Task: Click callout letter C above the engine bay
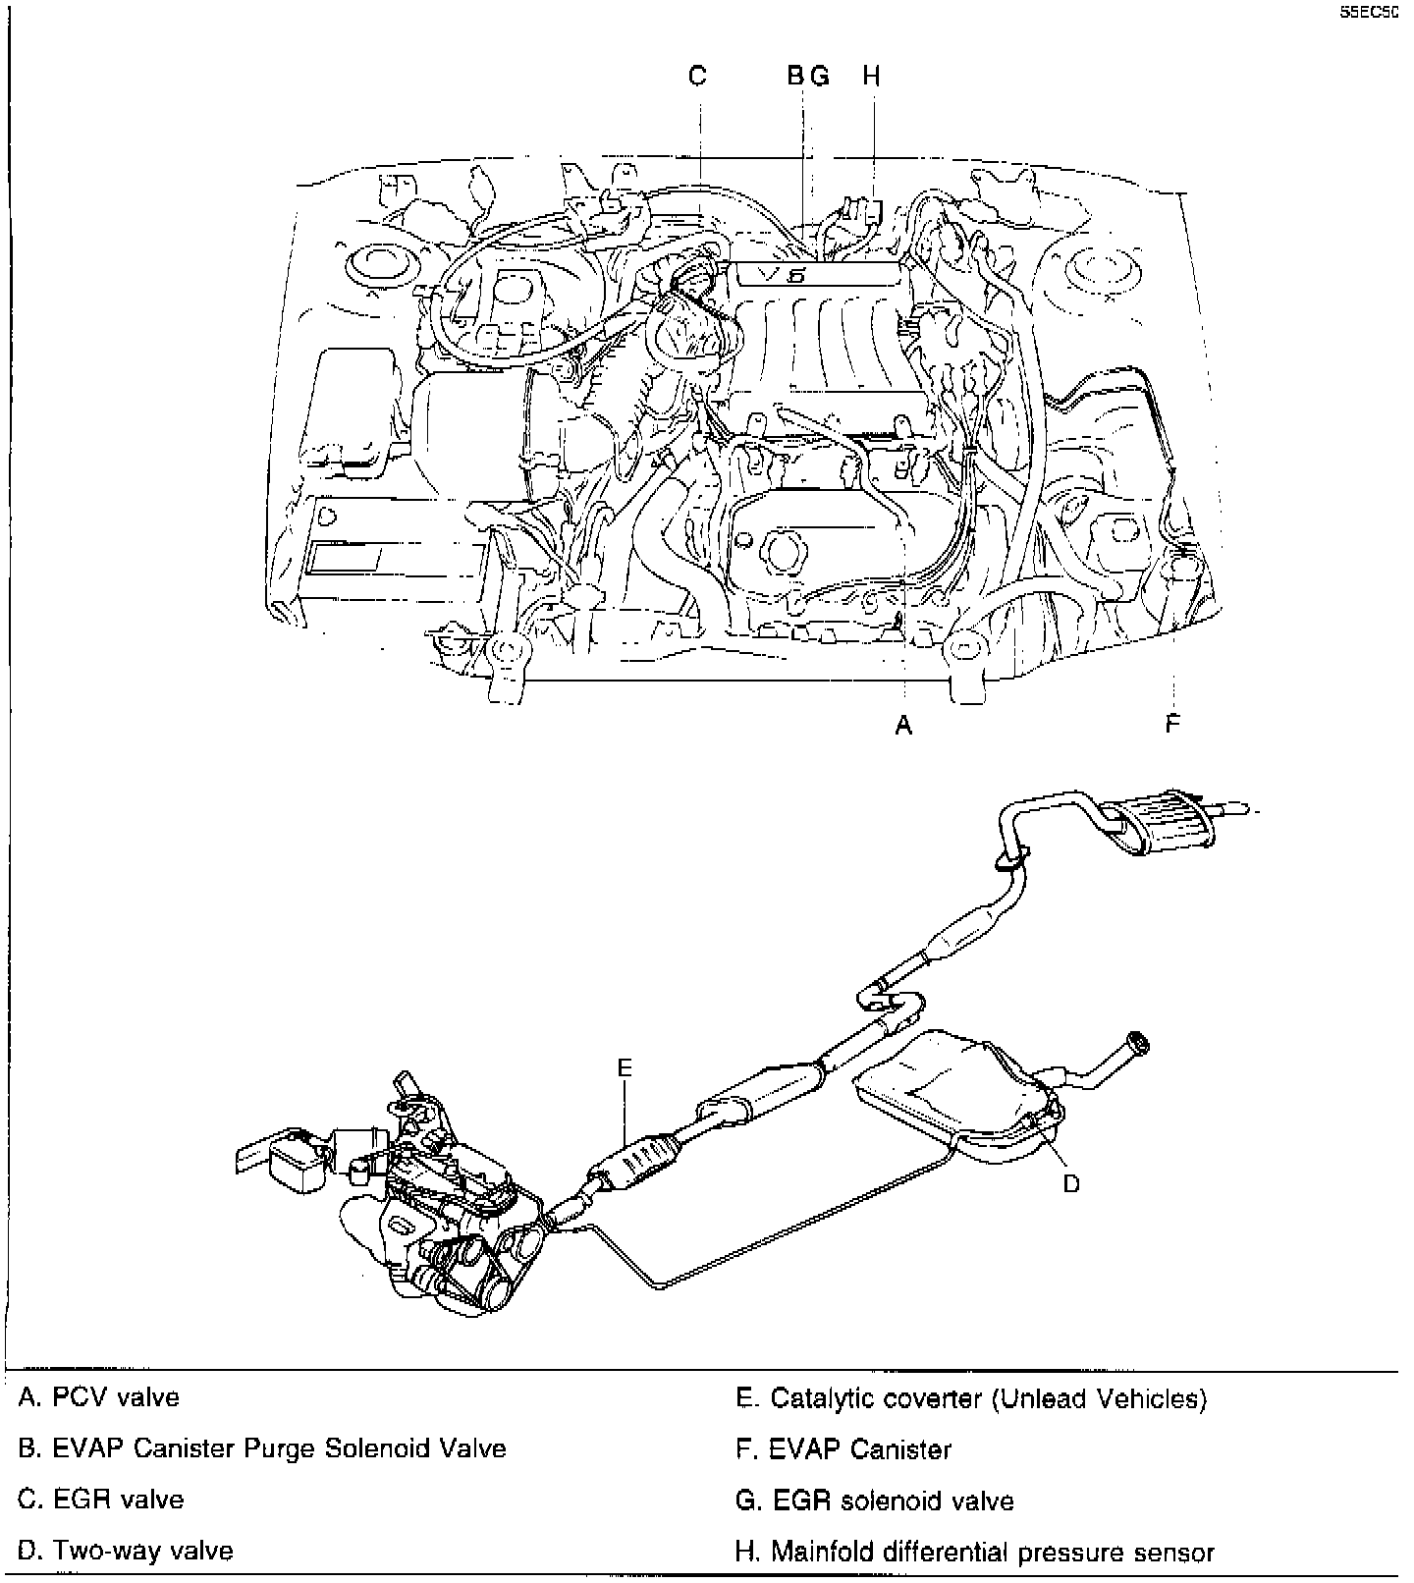(697, 76)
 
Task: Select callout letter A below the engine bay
(903, 726)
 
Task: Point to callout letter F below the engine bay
(1172, 725)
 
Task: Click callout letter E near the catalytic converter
(625, 1068)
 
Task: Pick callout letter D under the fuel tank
(1071, 1183)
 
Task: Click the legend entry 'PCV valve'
(99, 1397)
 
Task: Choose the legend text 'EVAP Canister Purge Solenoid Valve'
(262, 1448)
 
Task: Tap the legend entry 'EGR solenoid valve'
(875, 1501)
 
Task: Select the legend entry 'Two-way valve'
(126, 1552)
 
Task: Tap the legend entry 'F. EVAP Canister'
(843, 1449)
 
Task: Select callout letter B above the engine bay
(796, 76)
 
